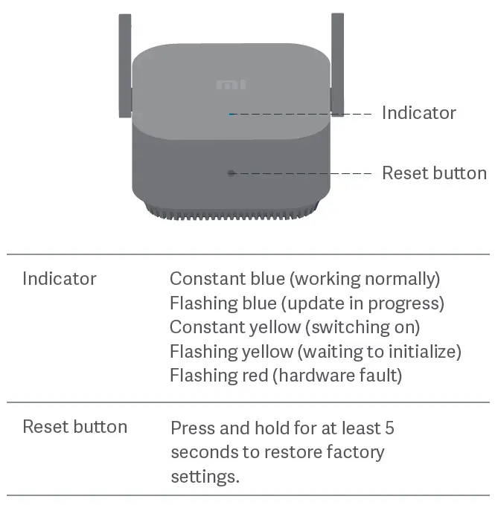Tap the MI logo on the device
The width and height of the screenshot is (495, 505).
pyautogui.click(x=231, y=85)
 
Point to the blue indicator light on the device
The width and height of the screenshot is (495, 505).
pyautogui.click(x=232, y=115)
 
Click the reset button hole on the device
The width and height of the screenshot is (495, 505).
pyautogui.click(x=231, y=173)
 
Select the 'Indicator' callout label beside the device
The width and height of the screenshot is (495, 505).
pyautogui.click(x=418, y=113)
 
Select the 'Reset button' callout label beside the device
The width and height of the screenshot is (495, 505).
pyautogui.click(x=434, y=173)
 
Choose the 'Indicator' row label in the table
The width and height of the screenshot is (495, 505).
pyautogui.click(x=60, y=279)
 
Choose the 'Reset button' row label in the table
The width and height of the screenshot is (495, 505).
pyautogui.click(x=74, y=427)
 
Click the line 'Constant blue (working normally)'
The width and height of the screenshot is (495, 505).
pyautogui.click(x=304, y=279)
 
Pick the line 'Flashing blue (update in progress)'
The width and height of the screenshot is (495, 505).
pyautogui.click(x=307, y=303)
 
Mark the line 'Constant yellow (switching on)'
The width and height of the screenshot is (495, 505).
pyautogui.click(x=295, y=327)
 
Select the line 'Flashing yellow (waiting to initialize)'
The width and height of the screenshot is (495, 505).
pyautogui.click(x=316, y=351)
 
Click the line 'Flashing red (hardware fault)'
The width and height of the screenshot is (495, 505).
pyautogui.click(x=286, y=376)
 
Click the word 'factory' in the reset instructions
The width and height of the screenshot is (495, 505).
pyautogui.click(x=359, y=452)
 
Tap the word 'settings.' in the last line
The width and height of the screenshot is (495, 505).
pyautogui.click(x=205, y=476)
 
